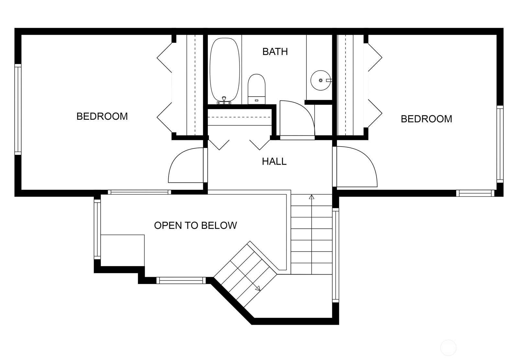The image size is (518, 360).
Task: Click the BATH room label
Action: [275, 51]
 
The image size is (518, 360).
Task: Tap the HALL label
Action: [274, 162]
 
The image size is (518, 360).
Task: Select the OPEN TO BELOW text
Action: [196, 225]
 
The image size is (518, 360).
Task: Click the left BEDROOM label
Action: [102, 116]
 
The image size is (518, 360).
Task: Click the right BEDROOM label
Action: [426, 119]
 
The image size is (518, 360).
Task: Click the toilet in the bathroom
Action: [256, 89]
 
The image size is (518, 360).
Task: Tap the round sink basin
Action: [321, 80]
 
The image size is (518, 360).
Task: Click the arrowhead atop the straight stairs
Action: [311, 197]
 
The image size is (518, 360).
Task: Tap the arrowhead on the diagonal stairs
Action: [258, 288]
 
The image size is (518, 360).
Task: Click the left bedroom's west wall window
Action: [18, 109]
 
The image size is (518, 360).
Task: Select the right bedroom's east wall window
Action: [500, 144]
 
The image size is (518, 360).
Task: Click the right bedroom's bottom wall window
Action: [475, 193]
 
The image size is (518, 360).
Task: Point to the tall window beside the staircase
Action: [335, 255]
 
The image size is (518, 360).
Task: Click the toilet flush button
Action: [256, 100]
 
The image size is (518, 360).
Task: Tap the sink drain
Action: [321, 80]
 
